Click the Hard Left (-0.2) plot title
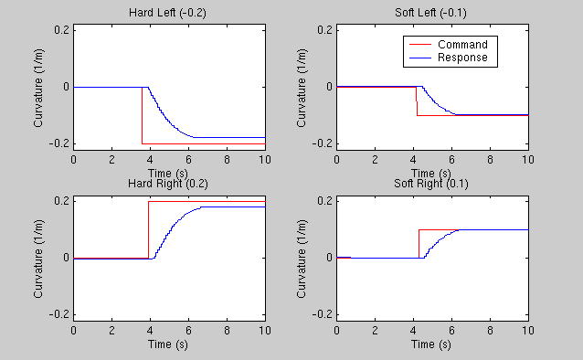click(x=169, y=12)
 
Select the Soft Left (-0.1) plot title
click(x=432, y=12)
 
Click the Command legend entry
click(x=462, y=45)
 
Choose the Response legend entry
click(x=462, y=58)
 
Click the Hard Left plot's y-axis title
click(x=39, y=87)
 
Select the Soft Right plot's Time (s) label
click(x=432, y=344)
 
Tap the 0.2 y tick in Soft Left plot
click(x=325, y=30)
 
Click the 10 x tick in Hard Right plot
click(x=264, y=330)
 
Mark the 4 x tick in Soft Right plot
click(x=413, y=330)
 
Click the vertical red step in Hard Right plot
click(x=148, y=228)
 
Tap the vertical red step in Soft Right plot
click(x=419, y=243)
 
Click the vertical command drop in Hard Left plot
click(x=142, y=114)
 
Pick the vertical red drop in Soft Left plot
click(x=417, y=101)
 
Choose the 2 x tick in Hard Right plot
click(x=111, y=330)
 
